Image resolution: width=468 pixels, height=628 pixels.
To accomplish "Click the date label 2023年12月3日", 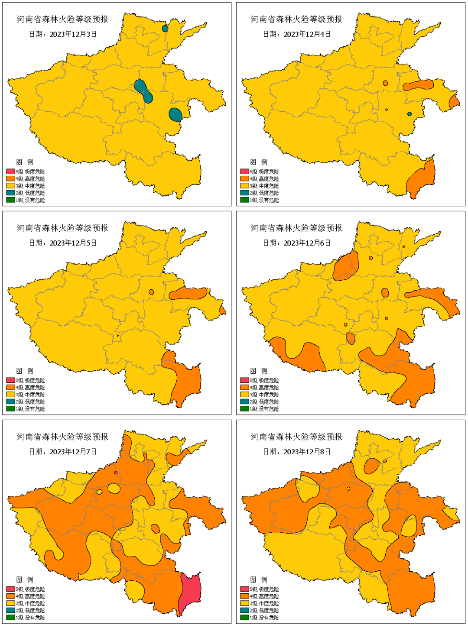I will pyautogui.click(x=63, y=34).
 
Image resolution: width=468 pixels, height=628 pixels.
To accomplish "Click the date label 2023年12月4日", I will pyautogui.click(x=297, y=34).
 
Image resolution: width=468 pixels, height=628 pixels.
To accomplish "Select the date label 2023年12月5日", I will pyautogui.click(x=63, y=243).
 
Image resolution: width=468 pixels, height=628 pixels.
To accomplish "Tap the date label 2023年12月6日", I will pyautogui.click(x=297, y=243).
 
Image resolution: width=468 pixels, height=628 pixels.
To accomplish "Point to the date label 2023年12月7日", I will pyautogui.click(x=63, y=452).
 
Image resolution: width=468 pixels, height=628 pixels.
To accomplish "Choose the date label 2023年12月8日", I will pyautogui.click(x=297, y=452).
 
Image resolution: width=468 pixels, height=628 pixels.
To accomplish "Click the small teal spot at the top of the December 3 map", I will pyautogui.click(x=165, y=29).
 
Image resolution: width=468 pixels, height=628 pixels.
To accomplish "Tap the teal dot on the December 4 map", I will pyautogui.click(x=409, y=114).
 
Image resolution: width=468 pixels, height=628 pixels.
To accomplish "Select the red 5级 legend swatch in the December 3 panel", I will pyautogui.click(x=10, y=172).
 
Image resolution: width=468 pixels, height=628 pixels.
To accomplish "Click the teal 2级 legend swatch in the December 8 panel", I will pyautogui.click(x=244, y=610).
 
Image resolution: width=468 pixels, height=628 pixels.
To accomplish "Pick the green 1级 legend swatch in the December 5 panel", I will pyautogui.click(x=10, y=408).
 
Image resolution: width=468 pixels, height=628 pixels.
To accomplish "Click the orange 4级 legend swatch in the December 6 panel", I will pyautogui.click(x=244, y=387).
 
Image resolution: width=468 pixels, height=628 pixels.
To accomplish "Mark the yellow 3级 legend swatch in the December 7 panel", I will pyautogui.click(x=10, y=603).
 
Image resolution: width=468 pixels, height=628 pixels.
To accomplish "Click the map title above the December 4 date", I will pyautogui.click(x=297, y=19).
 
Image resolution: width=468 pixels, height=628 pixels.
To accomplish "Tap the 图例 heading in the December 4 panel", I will pyautogui.click(x=259, y=162).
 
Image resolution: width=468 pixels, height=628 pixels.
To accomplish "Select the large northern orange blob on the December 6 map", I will pyautogui.click(x=346, y=266).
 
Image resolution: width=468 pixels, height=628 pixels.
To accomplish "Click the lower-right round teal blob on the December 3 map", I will pyautogui.click(x=175, y=114).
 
